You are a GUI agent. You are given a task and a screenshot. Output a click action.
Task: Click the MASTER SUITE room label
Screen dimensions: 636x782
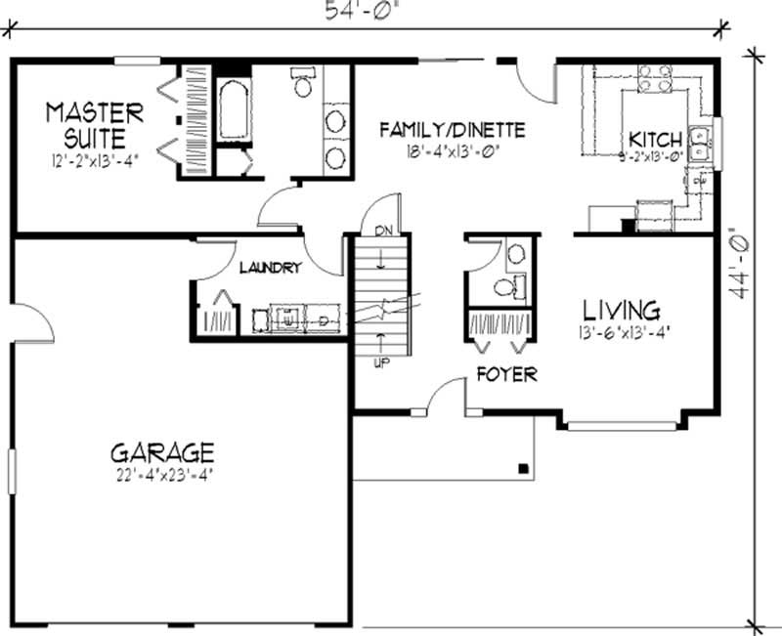pos(95,123)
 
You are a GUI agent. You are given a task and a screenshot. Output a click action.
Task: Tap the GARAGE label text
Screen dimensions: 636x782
pos(161,453)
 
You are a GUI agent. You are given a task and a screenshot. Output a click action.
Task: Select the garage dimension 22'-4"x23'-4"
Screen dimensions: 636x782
pos(162,477)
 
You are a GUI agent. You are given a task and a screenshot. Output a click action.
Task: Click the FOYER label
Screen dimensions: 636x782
pos(506,374)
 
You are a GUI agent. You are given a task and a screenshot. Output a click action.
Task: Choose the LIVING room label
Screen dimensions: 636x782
pos(622,310)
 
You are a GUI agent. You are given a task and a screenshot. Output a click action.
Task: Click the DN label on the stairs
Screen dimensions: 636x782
pos(381,230)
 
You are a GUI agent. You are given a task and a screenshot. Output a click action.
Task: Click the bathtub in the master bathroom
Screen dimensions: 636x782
pos(234,111)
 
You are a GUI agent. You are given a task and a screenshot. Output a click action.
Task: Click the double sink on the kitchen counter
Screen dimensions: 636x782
pos(700,145)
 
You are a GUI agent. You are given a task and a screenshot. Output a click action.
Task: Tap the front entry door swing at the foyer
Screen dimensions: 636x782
pos(446,396)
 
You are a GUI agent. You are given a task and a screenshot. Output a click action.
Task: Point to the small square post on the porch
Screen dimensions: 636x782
pos(526,467)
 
